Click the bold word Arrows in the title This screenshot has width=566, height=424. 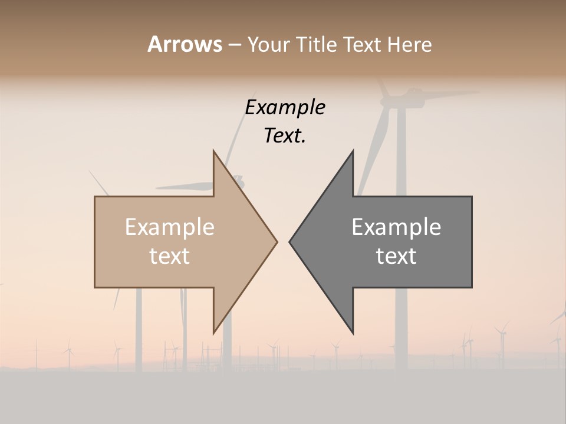click(x=185, y=44)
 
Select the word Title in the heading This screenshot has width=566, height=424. click(x=316, y=44)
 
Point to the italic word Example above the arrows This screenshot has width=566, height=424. click(x=285, y=107)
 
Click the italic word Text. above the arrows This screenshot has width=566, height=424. click(x=285, y=135)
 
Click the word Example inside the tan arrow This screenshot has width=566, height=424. click(x=170, y=227)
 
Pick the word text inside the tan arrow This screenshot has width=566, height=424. click(x=170, y=256)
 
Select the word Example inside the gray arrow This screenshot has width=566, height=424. click(x=396, y=227)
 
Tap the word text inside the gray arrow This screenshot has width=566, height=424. click(x=396, y=256)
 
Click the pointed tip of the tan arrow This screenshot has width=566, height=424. click(x=277, y=241)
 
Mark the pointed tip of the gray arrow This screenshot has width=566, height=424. click(x=289, y=241)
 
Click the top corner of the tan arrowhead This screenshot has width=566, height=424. click(x=213, y=151)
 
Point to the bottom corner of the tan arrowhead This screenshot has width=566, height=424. click(x=213, y=333)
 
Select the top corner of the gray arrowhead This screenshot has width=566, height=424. click(x=353, y=151)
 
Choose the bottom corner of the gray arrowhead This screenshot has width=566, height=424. click(x=353, y=333)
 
